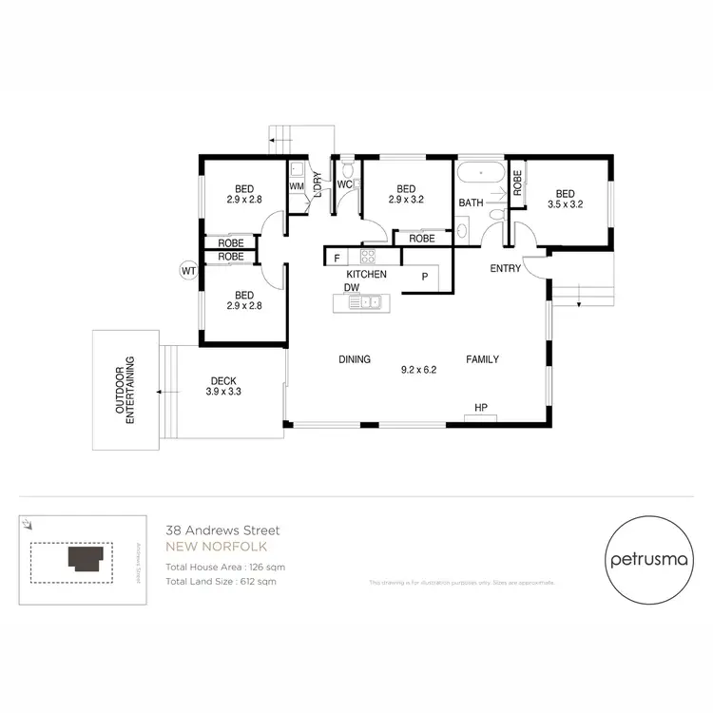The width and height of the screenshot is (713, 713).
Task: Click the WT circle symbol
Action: point(187,271)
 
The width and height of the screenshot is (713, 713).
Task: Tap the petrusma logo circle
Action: point(646,559)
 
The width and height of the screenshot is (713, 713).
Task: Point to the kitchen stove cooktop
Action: point(367,256)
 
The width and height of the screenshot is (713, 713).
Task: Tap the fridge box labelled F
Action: point(336,257)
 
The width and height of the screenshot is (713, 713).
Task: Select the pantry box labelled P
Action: point(425,276)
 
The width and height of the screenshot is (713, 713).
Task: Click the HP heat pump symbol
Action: point(481,409)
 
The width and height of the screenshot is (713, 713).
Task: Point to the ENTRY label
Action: point(505,269)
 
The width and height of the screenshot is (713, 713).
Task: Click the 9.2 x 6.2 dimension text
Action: point(418,370)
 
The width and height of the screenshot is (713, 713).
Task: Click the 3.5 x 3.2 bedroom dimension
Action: point(565,203)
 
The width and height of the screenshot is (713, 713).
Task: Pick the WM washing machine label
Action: point(296,187)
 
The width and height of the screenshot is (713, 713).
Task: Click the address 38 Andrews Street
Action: point(222,530)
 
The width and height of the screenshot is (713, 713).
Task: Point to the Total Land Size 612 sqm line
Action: point(221,581)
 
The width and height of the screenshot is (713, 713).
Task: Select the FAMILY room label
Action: point(482,359)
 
